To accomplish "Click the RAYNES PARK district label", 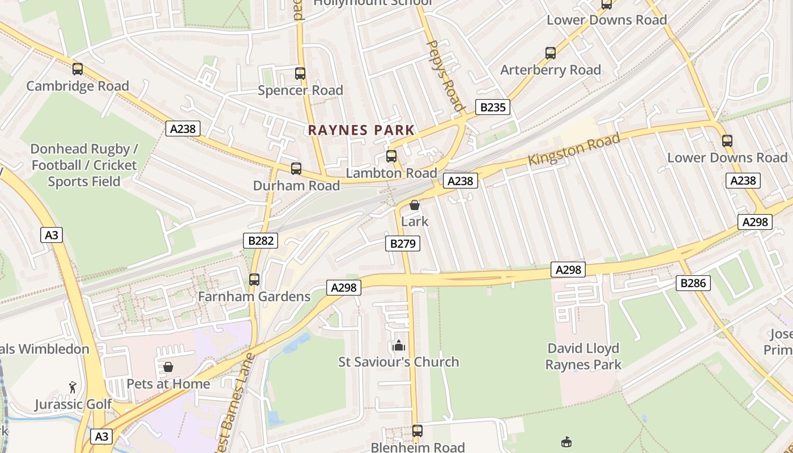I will tap(361, 130).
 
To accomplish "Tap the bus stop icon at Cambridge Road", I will tap(78, 69).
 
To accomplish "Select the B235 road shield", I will tap(492, 107).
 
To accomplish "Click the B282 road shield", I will tap(261, 241).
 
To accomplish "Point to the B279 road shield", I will tap(403, 244).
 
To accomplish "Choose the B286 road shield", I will tap(693, 283).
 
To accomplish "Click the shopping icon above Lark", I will tap(415, 205).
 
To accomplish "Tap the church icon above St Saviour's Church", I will tap(398, 345).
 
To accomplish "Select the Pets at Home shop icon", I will tap(168, 367).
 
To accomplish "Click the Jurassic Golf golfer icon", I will tap(73, 388).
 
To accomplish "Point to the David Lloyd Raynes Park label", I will tap(583, 357).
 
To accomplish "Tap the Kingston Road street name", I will tap(573, 149).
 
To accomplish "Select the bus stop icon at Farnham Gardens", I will tap(254, 279).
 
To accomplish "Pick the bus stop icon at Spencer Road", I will tap(300, 74).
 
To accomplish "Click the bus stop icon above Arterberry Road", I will tap(551, 53).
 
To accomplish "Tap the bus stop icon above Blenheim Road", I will tap(417, 431).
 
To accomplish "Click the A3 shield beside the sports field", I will tap(52, 235).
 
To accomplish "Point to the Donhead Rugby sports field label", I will tap(84, 165).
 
